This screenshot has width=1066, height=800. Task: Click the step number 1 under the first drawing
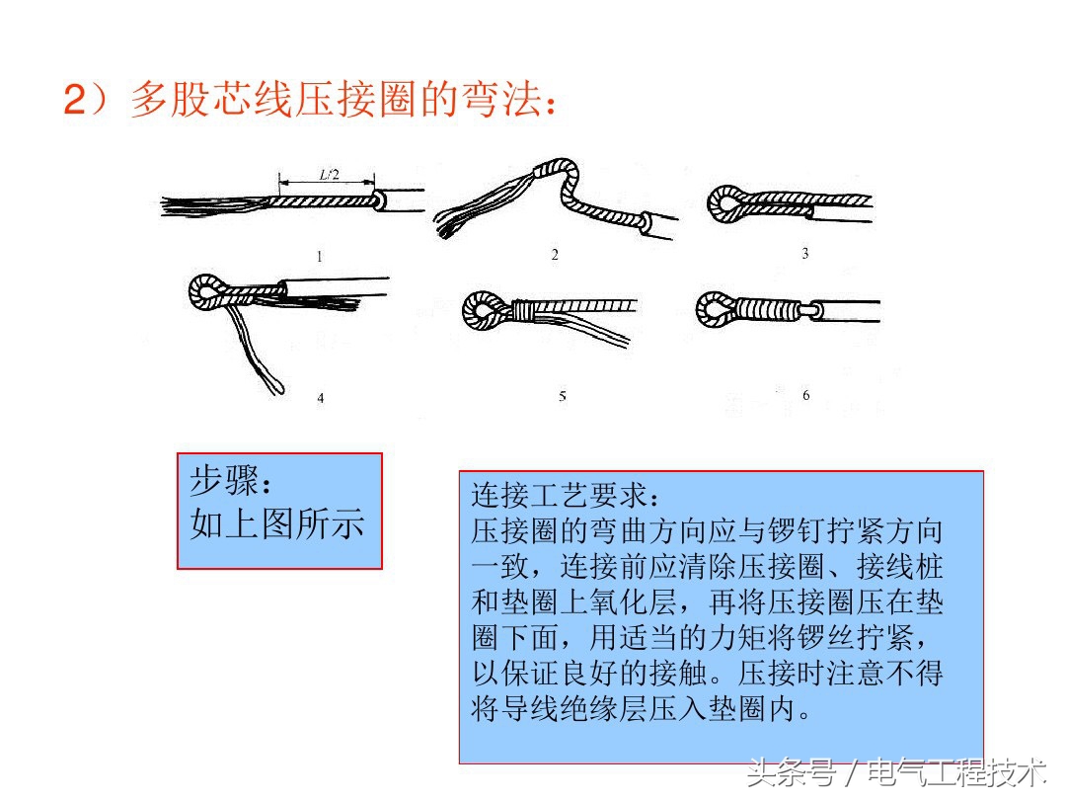(x=320, y=257)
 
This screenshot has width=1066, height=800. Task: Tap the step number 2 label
(x=555, y=255)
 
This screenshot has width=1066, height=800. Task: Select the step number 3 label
(x=804, y=254)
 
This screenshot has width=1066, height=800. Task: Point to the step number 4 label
(x=320, y=398)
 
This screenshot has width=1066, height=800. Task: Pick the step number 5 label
(x=562, y=396)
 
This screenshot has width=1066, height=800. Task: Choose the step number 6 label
(x=805, y=395)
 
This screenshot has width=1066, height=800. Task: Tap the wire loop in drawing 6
(x=714, y=309)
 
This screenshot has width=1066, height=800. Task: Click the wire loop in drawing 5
(x=481, y=311)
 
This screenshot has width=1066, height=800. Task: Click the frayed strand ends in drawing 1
(x=197, y=205)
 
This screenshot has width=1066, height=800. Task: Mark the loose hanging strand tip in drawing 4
(x=275, y=382)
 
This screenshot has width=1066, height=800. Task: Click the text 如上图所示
(x=277, y=522)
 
